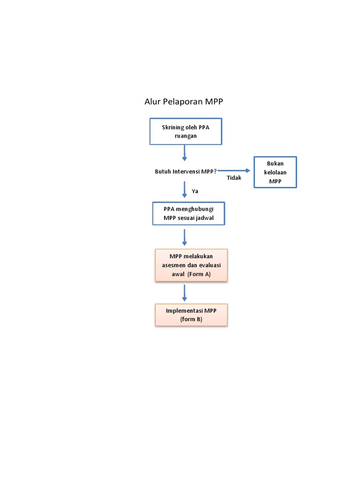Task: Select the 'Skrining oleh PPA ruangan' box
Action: click(185, 131)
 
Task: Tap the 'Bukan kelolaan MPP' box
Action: click(275, 172)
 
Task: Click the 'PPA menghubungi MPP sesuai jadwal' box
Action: click(188, 213)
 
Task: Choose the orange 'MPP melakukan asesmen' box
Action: click(191, 265)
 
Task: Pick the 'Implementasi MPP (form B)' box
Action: click(191, 315)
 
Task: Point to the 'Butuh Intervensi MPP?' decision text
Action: click(186, 172)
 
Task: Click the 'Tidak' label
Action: click(234, 178)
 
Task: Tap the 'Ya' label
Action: click(195, 191)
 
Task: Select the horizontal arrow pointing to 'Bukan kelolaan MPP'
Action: click(234, 171)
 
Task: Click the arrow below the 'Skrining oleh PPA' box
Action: click(185, 153)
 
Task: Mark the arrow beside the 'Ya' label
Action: click(185, 189)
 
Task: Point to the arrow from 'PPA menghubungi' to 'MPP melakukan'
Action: click(185, 237)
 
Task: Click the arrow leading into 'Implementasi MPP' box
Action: click(185, 292)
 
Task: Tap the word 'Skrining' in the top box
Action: click(172, 127)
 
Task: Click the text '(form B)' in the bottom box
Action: click(191, 319)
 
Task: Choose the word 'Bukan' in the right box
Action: click(275, 163)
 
